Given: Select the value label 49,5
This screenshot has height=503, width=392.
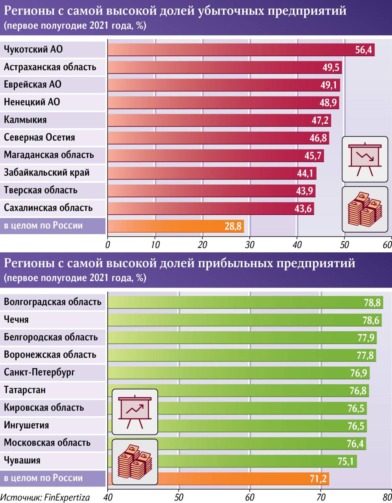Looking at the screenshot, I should coord(331,68).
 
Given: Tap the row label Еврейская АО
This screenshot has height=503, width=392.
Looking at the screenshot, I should coord(33,85).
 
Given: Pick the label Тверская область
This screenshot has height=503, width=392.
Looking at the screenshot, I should coord(40,191).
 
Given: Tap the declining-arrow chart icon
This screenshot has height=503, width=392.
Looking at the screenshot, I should coord(365,159).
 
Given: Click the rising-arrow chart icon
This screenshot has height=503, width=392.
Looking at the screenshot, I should coord(135,411).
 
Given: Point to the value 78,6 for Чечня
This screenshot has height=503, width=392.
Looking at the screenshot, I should coord(371,320).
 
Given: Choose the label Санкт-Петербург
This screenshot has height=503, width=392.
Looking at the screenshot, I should coord(39,373).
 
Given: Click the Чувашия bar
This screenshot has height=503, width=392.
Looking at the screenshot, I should coord(232,461).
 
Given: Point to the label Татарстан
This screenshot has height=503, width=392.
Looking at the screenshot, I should coord(25,390).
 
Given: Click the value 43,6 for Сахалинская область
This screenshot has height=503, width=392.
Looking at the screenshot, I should coord(303,209).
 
